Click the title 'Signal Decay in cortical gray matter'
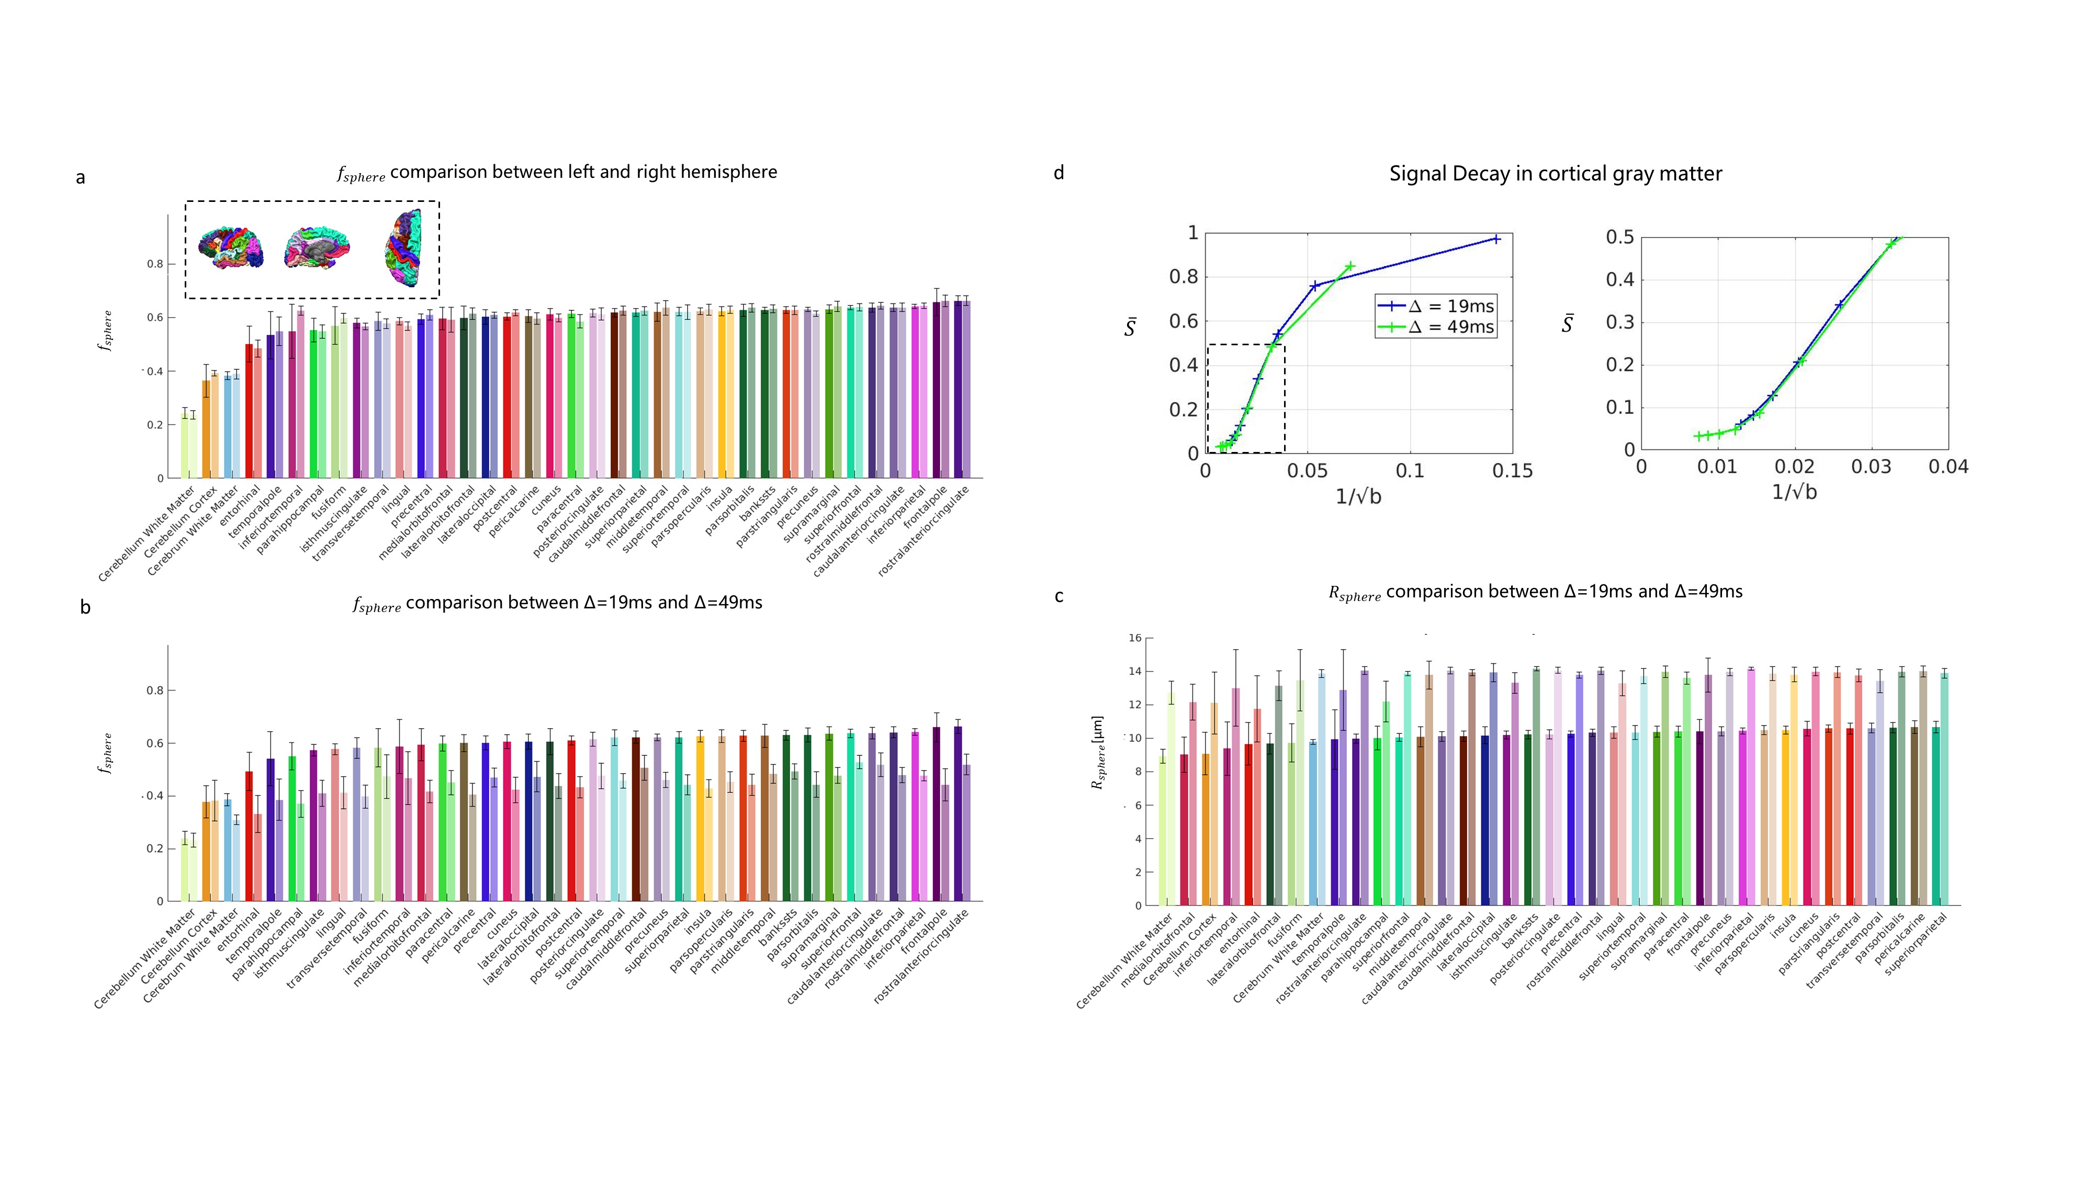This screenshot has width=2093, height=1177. click(1555, 174)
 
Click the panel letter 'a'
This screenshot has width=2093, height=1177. click(81, 178)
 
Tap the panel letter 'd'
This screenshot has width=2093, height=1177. click(1059, 173)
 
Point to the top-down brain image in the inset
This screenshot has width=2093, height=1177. click(404, 248)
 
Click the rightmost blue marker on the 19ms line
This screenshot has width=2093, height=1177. click(1496, 239)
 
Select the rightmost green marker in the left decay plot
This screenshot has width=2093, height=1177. click(1349, 266)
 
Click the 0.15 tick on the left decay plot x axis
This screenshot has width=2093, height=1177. click(1512, 471)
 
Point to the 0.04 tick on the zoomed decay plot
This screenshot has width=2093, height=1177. click(1948, 467)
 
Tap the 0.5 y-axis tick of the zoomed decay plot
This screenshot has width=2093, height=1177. click(1619, 237)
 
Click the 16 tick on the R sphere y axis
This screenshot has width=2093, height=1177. click(1134, 638)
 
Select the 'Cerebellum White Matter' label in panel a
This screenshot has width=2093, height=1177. click(147, 534)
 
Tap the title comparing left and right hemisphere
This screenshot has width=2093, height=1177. click(557, 172)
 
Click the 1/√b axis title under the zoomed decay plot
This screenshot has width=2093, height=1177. click(1794, 492)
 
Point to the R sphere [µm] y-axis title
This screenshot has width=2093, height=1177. click(1098, 752)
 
